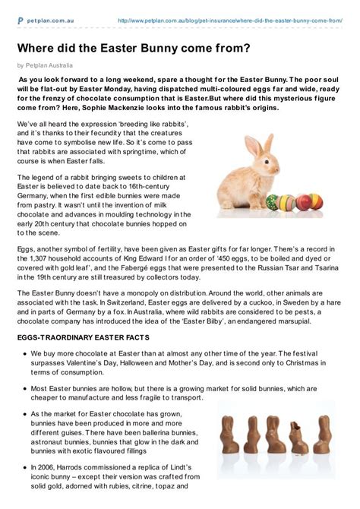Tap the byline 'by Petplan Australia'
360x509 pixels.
[50, 66]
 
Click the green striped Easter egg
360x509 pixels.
[267, 204]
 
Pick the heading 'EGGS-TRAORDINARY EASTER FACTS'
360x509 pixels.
[90, 337]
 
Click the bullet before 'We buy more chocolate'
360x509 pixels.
[26, 354]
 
